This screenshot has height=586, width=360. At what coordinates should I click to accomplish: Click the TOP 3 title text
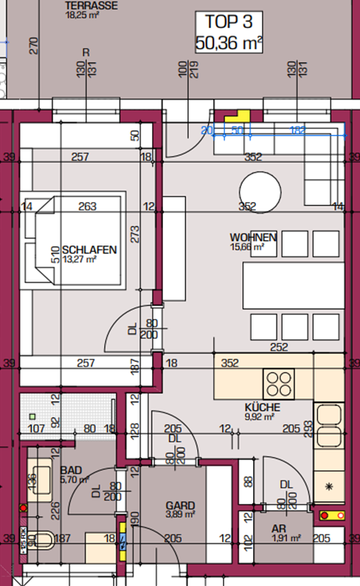point(229,23)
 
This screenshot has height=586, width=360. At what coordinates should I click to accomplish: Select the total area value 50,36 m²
point(229,43)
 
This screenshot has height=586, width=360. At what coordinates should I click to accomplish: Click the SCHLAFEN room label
point(89,250)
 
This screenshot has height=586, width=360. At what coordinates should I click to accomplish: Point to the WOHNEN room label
point(253,237)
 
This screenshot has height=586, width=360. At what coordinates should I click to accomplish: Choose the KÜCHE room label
point(261,407)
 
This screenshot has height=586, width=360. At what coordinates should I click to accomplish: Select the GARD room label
point(180,506)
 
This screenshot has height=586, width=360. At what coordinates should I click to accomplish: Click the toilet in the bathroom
point(41,541)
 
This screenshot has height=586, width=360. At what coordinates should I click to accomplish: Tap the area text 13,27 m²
point(81,259)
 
